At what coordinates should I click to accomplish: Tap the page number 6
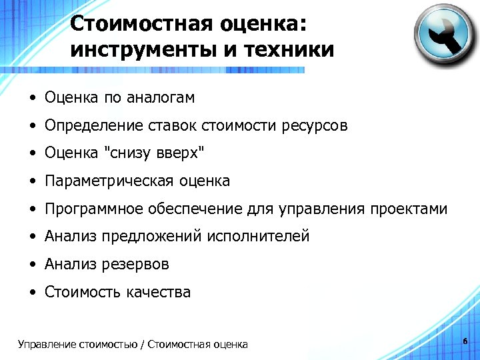click(x=465, y=341)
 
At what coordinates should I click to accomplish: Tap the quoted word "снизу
click(x=125, y=153)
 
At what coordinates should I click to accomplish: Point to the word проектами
click(x=409, y=209)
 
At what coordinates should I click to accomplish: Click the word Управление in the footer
click(x=47, y=345)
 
